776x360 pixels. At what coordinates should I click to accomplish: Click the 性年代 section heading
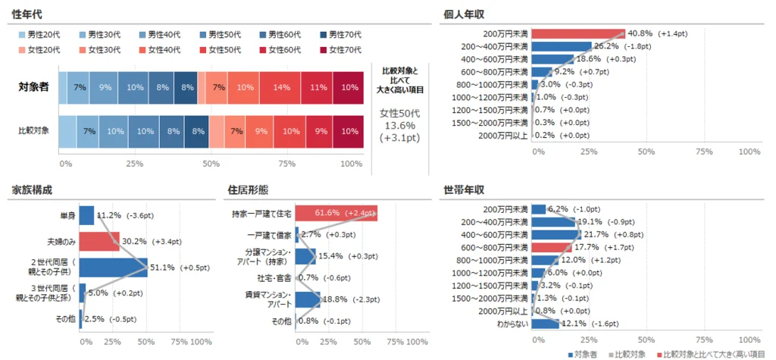coord(27,14)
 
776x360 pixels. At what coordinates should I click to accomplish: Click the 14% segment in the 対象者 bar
coord(281,88)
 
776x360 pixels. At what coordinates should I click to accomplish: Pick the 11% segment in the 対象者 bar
coord(316,88)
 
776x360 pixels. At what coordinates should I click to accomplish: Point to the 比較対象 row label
coord(33,131)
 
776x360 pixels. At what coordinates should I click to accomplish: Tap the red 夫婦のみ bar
coord(99,242)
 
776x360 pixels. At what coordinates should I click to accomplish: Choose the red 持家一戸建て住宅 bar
coord(336,214)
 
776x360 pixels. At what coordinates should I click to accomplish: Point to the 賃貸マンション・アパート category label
coord(268,299)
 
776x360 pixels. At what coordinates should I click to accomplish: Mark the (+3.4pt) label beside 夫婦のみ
coord(167,242)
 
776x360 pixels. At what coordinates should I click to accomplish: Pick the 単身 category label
coord(67,215)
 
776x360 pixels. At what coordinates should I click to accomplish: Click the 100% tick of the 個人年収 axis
coord(749,152)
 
